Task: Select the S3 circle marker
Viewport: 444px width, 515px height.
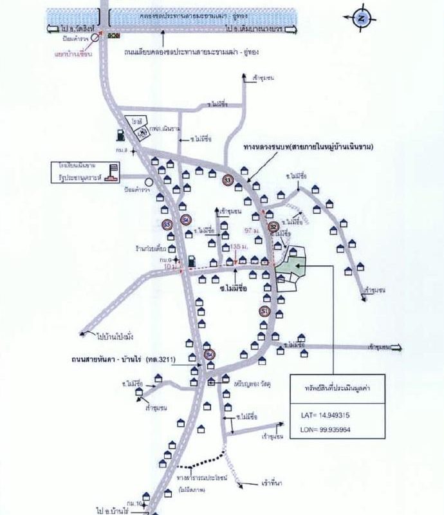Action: click(x=227, y=180)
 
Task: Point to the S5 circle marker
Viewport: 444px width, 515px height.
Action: click(x=167, y=224)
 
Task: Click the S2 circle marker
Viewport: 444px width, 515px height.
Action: click(x=273, y=226)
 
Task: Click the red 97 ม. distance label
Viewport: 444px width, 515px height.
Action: click(x=253, y=230)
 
